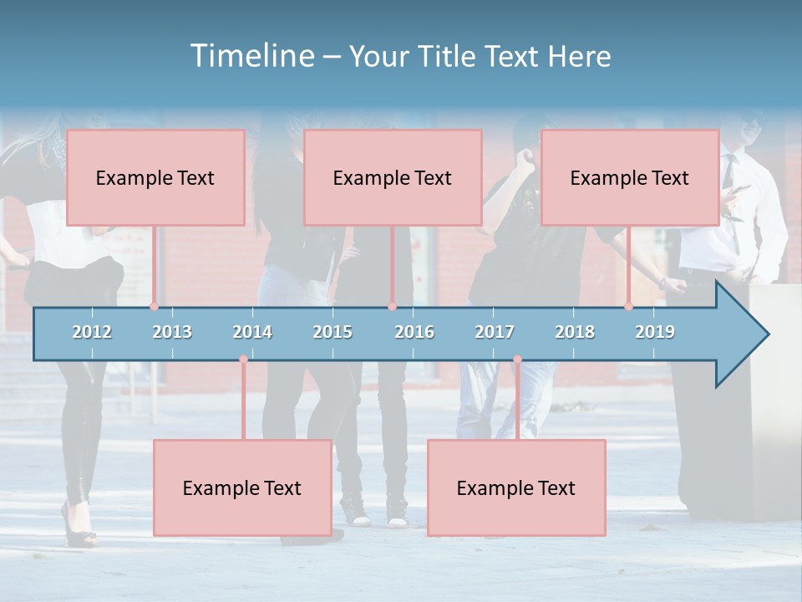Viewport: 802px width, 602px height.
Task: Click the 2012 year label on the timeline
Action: tap(92, 332)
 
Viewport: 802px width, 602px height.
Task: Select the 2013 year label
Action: tap(172, 332)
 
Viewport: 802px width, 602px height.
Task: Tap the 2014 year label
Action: tap(252, 332)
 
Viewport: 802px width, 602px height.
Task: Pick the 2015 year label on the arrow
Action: tap(332, 332)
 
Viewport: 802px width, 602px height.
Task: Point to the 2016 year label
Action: tap(414, 332)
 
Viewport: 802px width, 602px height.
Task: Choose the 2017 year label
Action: tap(495, 332)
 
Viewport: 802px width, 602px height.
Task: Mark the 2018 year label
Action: tap(575, 332)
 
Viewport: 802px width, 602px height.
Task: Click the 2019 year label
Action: tap(655, 332)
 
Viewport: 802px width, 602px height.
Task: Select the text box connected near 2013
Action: tap(155, 177)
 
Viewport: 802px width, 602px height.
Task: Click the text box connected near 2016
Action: tap(393, 177)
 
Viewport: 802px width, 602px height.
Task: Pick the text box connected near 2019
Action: tap(630, 177)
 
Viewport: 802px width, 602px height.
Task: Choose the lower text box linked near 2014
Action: tap(242, 487)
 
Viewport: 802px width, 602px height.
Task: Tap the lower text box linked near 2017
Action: tap(516, 487)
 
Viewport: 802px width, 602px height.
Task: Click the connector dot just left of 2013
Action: tap(155, 307)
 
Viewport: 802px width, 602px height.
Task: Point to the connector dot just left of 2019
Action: tap(629, 307)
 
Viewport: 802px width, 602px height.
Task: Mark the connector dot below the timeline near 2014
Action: tap(243, 360)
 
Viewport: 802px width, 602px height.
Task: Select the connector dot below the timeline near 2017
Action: tap(517, 360)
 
